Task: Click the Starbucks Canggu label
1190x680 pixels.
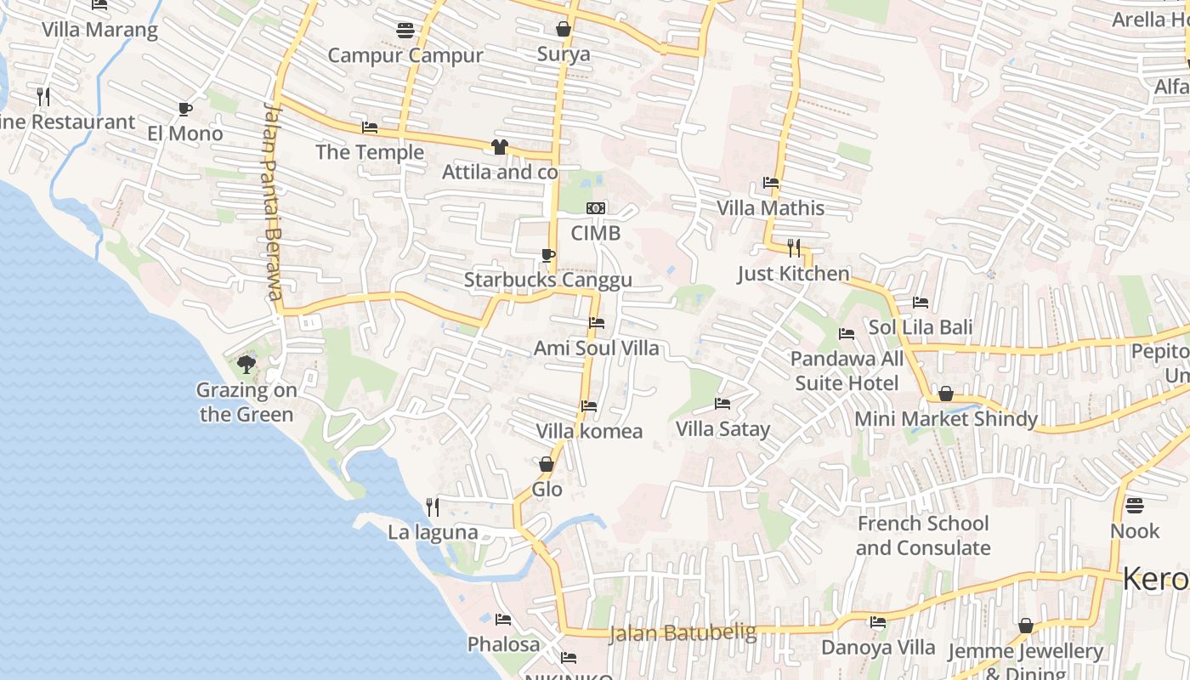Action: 547,280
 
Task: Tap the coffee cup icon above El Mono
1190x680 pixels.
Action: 184,109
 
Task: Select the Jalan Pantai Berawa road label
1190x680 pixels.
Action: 272,201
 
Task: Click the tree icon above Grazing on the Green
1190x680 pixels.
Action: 246,365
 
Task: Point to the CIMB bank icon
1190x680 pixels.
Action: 596,208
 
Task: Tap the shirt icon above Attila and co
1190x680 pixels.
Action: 499,147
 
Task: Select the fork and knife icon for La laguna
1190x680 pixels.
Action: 433,507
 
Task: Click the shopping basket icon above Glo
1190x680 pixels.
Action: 547,464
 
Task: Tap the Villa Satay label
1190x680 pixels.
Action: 722,428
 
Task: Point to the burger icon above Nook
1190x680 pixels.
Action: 1134,506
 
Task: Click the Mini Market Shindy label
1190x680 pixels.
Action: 945,418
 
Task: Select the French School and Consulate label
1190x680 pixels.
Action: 922,535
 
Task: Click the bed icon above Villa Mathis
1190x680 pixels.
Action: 771,183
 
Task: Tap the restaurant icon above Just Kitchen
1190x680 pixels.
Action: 793,248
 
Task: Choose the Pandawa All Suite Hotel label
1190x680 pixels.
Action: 847,371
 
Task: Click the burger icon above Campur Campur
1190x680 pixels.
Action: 405,31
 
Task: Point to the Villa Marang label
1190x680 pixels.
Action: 99,30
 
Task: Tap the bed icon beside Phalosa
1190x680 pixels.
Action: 503,620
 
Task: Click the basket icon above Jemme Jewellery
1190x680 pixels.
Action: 1026,626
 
